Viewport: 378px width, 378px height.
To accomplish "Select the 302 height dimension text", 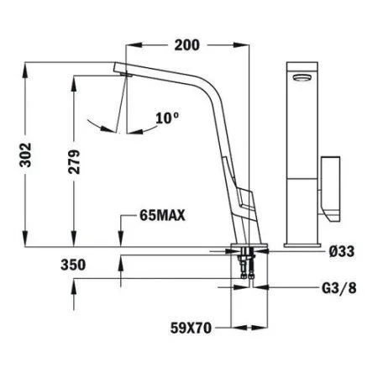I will point(29,155).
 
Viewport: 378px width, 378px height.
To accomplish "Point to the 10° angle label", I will point(168,118).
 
